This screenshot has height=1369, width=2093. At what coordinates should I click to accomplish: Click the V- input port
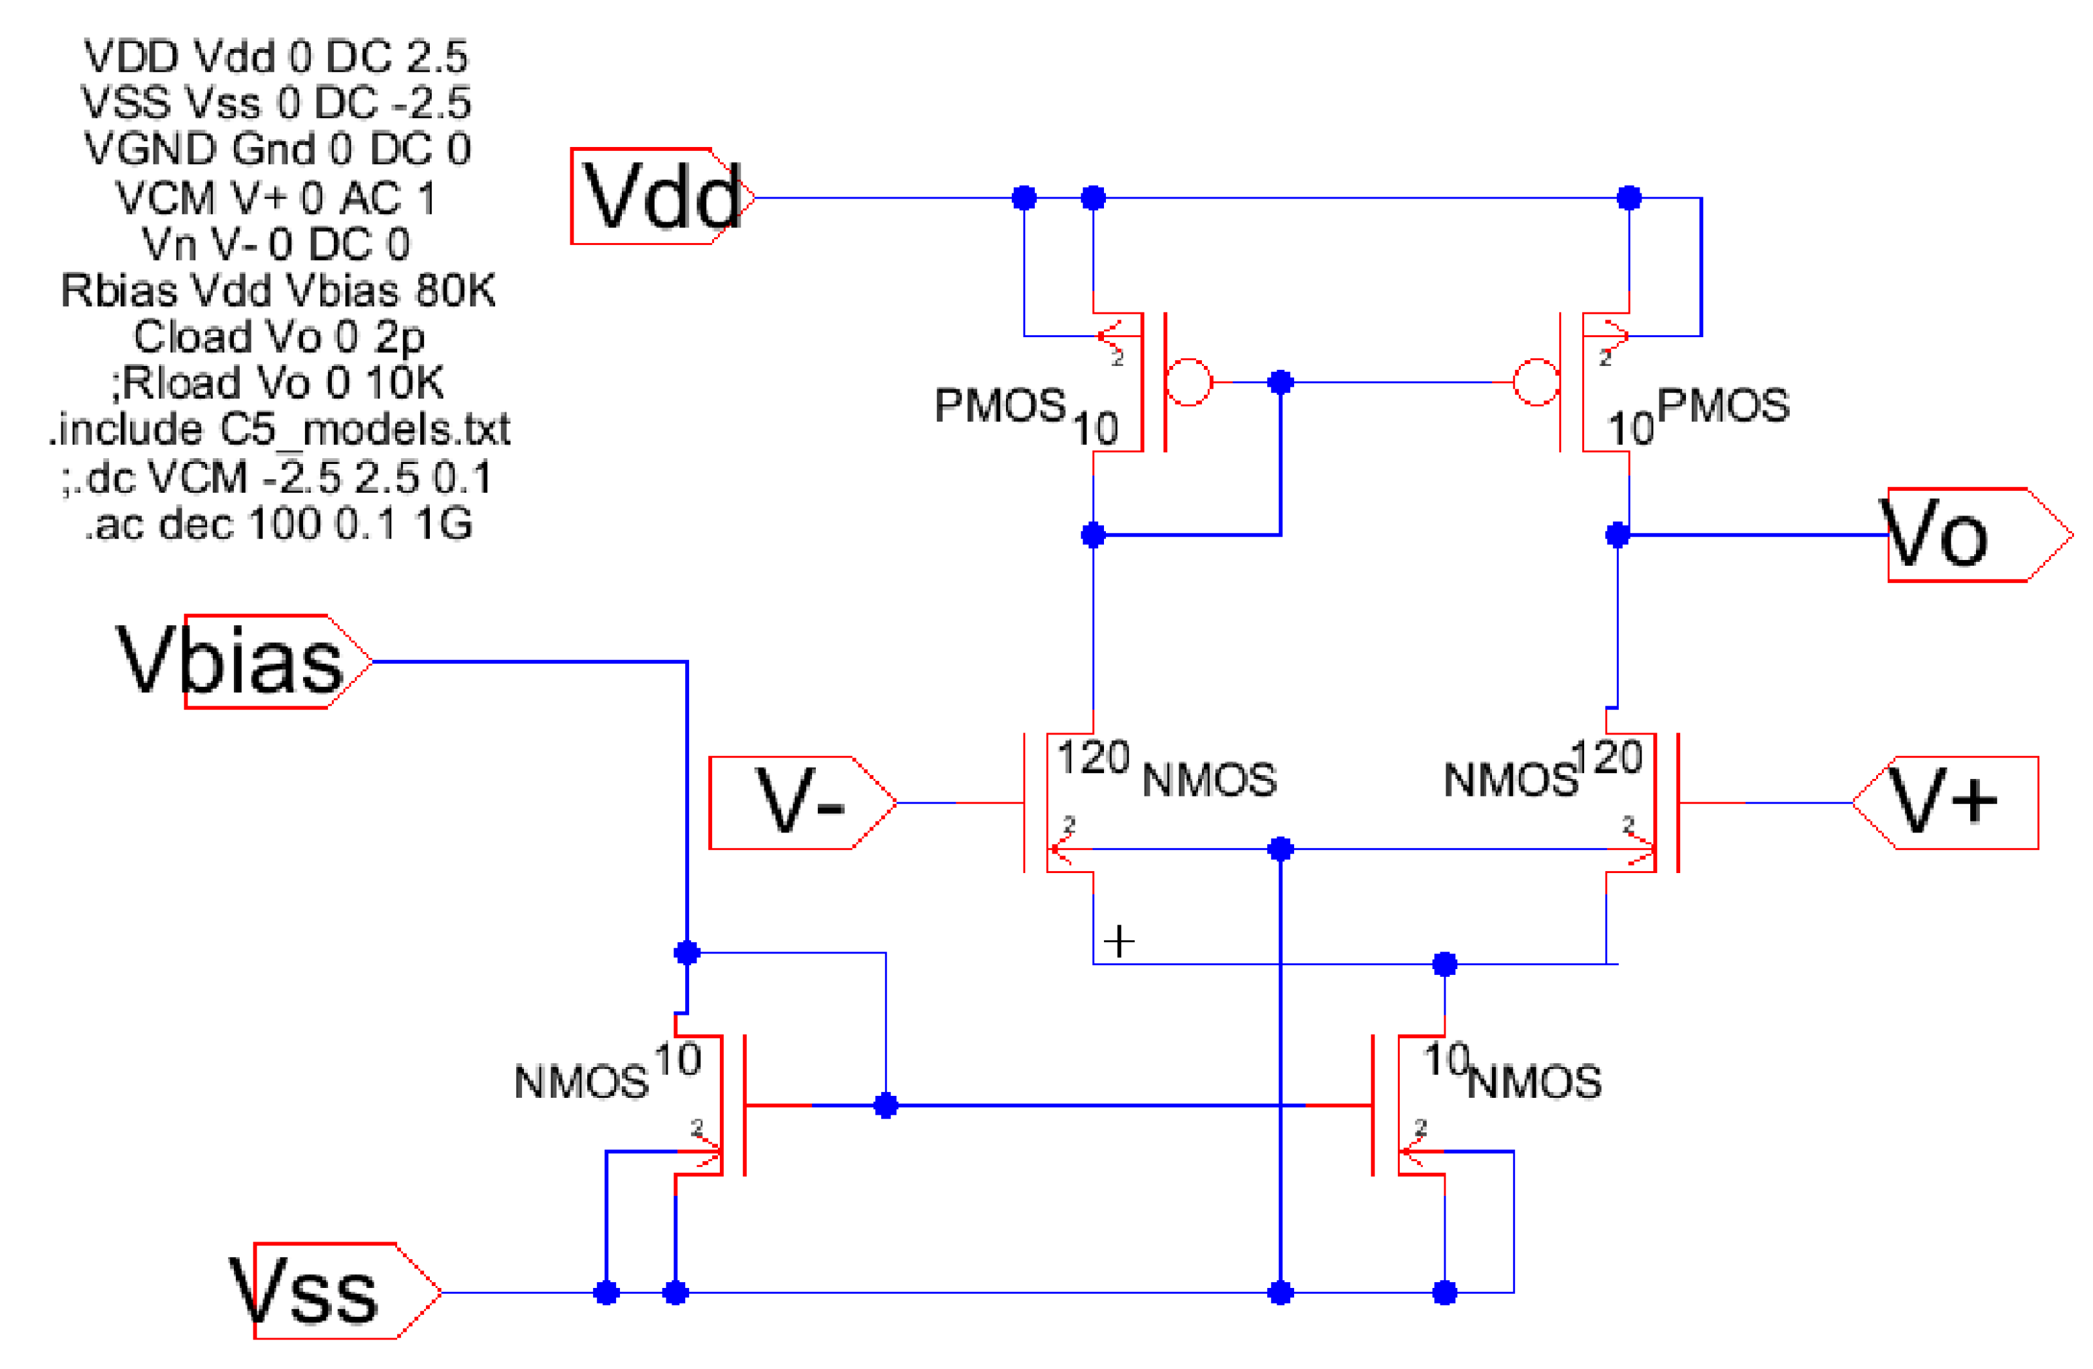[800, 802]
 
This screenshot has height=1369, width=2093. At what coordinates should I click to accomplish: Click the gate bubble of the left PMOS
[1188, 382]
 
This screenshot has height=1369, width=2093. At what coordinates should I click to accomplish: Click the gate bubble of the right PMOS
[1536, 382]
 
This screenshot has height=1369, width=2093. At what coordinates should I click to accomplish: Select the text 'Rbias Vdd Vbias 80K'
[278, 290]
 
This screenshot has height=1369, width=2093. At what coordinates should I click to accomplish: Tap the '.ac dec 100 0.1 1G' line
[278, 524]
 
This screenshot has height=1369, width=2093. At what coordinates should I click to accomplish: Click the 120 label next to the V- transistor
[1092, 757]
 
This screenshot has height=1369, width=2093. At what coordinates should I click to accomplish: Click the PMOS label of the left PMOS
[1000, 406]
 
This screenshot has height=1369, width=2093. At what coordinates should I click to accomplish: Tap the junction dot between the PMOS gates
[1280, 382]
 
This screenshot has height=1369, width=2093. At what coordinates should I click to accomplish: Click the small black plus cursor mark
[1118, 942]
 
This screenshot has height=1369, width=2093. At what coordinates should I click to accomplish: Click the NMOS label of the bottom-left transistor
[581, 1082]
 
